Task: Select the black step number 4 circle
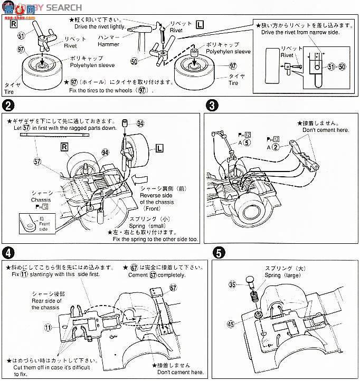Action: point(8,252)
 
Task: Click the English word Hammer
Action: point(109,45)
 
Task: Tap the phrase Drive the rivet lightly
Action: point(105,27)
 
